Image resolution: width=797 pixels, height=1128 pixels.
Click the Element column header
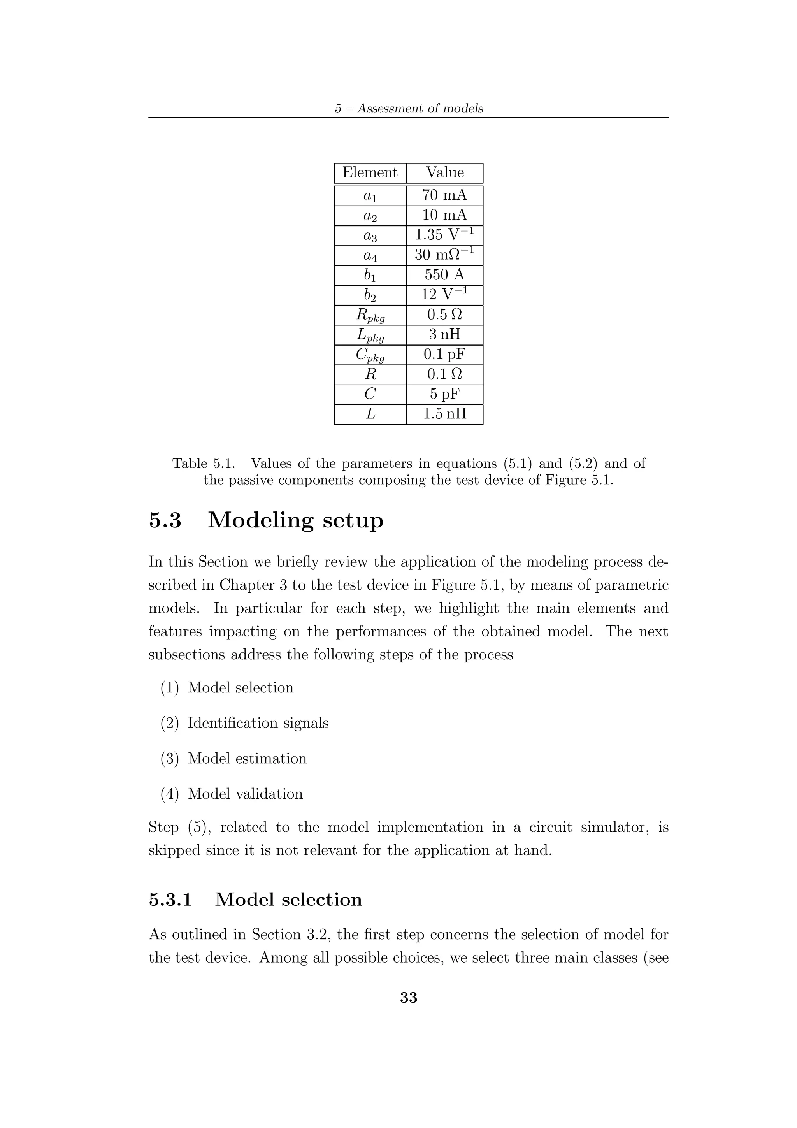pyautogui.click(x=370, y=172)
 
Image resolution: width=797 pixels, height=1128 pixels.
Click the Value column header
pyautogui.click(x=444, y=172)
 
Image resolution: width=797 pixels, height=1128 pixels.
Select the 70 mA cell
pyautogui.click(x=444, y=195)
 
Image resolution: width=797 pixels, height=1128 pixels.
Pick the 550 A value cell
pyautogui.click(x=444, y=275)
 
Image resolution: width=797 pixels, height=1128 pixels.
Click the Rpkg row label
pyautogui.click(x=370, y=315)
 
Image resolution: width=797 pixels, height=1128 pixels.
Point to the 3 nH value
pyautogui.click(x=444, y=335)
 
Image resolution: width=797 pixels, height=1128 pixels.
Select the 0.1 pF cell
pyautogui.click(x=444, y=354)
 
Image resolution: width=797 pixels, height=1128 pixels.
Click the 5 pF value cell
pyautogui.click(x=444, y=394)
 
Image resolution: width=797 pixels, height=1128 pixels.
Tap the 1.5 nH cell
pyautogui.click(x=444, y=414)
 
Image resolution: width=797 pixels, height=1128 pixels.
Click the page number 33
pyautogui.click(x=409, y=997)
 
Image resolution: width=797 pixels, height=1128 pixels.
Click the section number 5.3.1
pyautogui.click(x=170, y=900)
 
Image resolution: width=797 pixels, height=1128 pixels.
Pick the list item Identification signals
pyautogui.click(x=258, y=723)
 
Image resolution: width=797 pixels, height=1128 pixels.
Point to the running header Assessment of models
pyautogui.click(x=420, y=109)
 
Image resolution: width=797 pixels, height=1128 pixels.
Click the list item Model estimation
pyautogui.click(x=247, y=758)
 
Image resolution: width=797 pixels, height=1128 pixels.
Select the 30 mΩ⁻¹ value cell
pyautogui.click(x=444, y=255)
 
